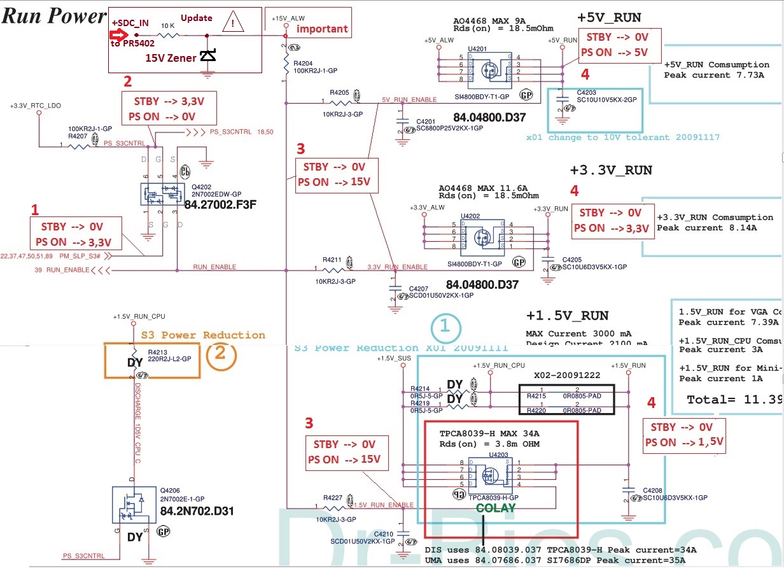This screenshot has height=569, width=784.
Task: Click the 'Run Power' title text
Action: tap(54, 17)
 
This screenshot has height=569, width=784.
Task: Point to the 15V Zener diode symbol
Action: tap(207, 56)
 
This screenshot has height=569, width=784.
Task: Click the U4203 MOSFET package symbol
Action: tap(489, 475)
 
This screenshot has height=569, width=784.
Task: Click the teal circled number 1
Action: tap(445, 327)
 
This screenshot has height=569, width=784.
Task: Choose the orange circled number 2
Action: tap(220, 353)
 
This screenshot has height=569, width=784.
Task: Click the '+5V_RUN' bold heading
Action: tap(609, 17)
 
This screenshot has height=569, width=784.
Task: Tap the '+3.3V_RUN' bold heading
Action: tap(610, 170)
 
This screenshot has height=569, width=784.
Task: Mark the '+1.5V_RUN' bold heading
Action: tap(567, 316)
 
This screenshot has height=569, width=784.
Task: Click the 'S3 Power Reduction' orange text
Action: tap(203, 335)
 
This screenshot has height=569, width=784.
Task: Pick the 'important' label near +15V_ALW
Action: tap(322, 29)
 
